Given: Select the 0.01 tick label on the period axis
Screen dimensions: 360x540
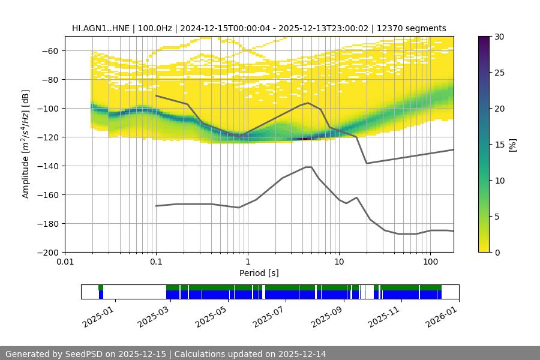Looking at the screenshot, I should coord(65,262).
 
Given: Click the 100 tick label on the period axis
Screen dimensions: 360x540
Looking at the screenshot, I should coord(430,262).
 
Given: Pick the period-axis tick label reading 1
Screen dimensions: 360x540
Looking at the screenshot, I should coord(247,262).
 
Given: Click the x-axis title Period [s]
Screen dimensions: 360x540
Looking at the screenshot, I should coord(259,273).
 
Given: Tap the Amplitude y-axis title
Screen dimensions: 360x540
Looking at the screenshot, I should coord(25,144).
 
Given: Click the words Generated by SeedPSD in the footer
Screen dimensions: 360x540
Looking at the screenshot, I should coord(54,354).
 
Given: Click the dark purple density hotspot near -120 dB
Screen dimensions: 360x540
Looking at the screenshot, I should coord(306,139).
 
